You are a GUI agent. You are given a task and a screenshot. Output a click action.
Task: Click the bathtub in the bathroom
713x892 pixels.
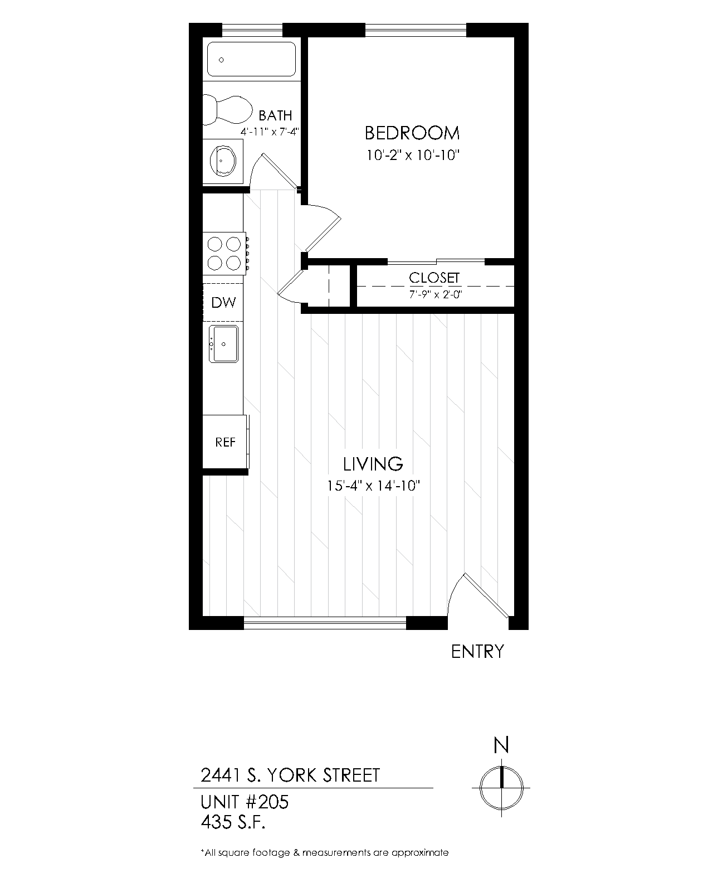pos(251,59)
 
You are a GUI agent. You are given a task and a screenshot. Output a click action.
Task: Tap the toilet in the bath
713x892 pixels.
pos(227,110)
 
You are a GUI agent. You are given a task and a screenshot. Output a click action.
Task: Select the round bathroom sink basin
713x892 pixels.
pos(223,161)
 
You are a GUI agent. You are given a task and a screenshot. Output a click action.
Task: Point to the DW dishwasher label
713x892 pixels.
pos(224,303)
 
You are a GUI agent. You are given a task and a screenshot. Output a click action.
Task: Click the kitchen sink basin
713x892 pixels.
pos(224,344)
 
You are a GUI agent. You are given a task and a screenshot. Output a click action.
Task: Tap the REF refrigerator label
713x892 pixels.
pos(226,442)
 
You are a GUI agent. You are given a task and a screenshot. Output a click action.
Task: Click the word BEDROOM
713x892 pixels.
pos(412,133)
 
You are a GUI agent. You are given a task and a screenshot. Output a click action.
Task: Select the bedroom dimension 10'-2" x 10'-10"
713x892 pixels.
pos(413,156)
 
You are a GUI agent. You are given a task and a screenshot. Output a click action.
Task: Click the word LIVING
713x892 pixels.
pos(373,464)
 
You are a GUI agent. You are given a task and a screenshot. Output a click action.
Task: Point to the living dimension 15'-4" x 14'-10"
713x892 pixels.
pos(373,486)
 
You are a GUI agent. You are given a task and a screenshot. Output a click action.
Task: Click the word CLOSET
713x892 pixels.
pos(434,278)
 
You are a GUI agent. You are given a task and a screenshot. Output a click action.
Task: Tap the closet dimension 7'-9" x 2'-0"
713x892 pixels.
pos(436,295)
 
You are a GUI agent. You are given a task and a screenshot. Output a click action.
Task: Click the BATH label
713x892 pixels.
pos(276,115)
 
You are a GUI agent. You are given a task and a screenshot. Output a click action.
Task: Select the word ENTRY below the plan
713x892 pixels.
pos(477,652)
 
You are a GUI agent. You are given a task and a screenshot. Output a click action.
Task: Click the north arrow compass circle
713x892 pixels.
pos(501,788)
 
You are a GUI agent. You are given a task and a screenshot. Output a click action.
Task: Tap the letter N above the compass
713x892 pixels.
pos(501,746)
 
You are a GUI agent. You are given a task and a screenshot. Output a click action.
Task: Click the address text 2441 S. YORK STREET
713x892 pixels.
pos(290,775)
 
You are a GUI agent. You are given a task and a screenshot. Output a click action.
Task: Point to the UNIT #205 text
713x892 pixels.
pos(245,802)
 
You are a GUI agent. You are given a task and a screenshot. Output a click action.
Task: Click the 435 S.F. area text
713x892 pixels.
pos(233,822)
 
